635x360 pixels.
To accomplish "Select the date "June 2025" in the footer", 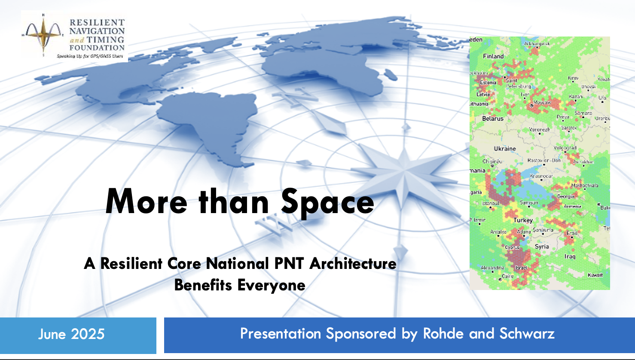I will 71,334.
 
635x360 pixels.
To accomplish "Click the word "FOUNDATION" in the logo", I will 97,48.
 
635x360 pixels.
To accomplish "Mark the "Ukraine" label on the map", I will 505,149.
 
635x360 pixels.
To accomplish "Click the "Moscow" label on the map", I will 543,103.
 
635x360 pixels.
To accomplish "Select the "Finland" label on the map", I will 493,56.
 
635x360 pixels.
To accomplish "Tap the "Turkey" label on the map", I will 523,220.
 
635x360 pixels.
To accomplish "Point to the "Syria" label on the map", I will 542,247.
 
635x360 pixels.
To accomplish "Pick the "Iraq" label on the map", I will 570,256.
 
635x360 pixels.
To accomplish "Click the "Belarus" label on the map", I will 493,119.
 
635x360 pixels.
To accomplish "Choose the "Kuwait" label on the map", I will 595,275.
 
